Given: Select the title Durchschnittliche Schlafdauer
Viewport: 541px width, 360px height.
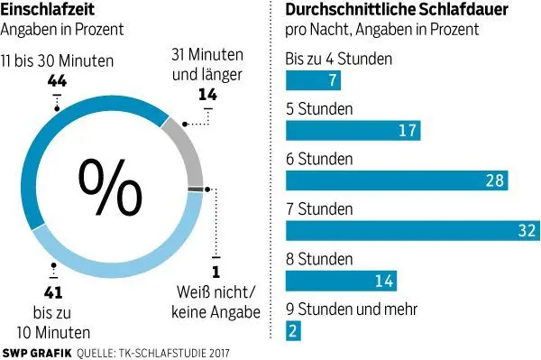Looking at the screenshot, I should [396, 10].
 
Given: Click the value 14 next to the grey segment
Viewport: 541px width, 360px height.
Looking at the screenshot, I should [207, 93].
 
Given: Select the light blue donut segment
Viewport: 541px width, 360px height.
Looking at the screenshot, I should [135, 257].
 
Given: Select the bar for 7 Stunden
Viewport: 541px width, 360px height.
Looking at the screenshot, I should [410, 230].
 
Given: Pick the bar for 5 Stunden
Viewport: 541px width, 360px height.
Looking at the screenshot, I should [352, 131].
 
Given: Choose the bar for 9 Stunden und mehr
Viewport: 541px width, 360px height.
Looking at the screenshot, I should [292, 331].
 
